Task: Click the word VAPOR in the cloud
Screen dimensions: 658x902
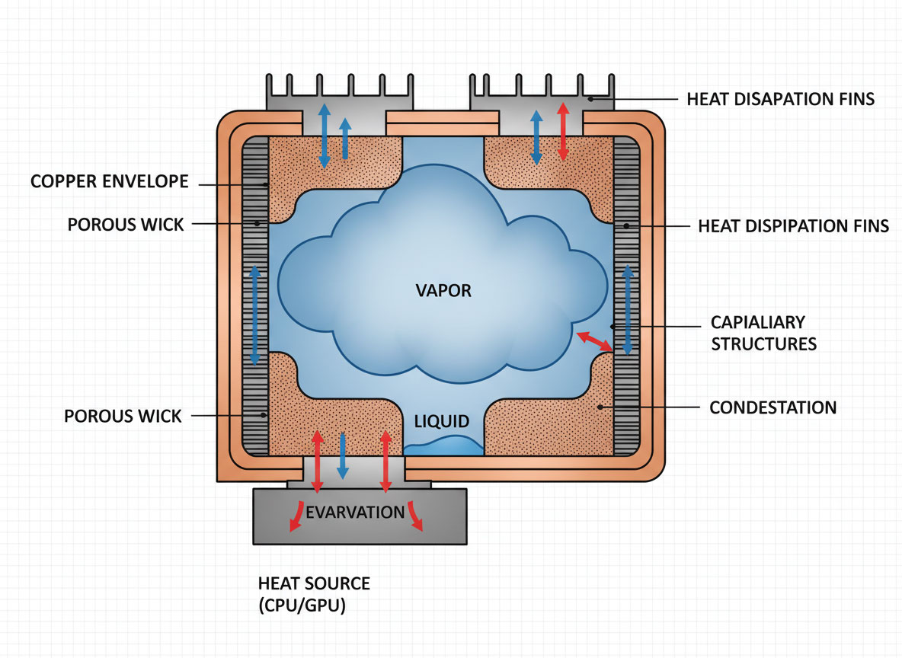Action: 444,290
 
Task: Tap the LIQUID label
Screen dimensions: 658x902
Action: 442,421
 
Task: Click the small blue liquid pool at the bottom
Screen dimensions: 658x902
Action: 443,446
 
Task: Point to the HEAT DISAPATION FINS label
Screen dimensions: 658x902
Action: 780,99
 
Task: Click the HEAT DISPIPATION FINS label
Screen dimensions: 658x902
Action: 793,226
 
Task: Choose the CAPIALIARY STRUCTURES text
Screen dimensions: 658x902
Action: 763,333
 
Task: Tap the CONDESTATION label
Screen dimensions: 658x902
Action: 772,407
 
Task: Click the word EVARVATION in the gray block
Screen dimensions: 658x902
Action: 354,512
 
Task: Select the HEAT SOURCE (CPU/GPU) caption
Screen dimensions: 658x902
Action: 314,595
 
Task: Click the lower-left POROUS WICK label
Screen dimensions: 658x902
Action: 123,416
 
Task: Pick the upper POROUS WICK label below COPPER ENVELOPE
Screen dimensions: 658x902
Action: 126,225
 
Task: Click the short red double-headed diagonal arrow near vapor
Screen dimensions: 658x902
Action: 593,341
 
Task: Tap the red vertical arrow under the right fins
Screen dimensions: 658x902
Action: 563,131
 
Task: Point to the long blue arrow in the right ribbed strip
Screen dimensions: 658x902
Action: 628,309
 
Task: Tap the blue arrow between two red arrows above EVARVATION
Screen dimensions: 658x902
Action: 342,455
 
